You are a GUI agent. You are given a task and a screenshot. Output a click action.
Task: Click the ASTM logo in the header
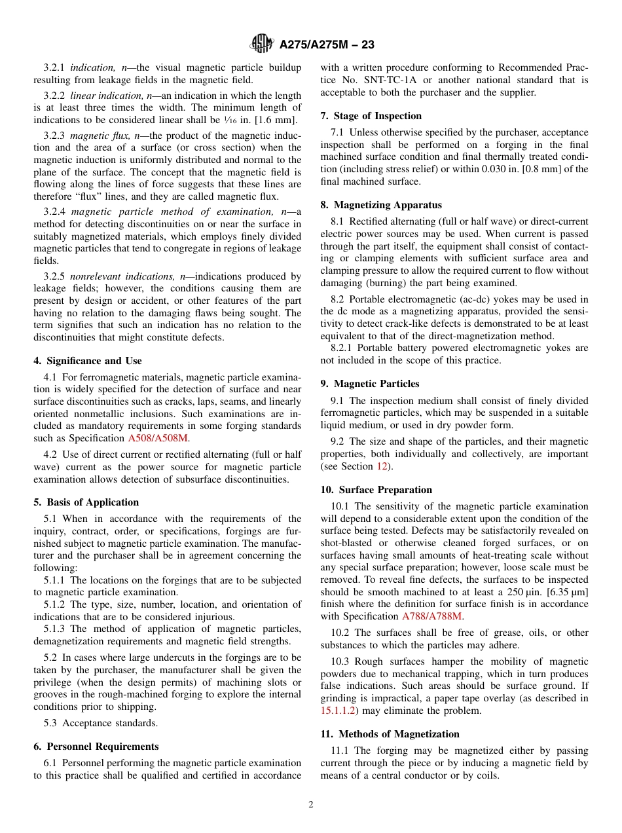pos(262,45)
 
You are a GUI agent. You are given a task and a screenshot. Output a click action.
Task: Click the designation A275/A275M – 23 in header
pos(326,45)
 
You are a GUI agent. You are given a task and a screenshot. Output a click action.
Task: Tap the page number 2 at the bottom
pos(311,805)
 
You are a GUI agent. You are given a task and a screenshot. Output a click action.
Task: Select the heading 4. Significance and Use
pos(87,361)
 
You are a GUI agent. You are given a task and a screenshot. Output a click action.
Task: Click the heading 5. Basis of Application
pos(86,502)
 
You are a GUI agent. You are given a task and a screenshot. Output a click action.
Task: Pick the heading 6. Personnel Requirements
pos(96,747)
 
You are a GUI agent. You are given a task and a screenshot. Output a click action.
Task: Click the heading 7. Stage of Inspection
pos(371,116)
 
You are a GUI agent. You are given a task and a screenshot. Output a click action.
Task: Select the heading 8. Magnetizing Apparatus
pos(381,205)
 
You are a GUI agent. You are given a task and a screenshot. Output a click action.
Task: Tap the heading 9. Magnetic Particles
pos(370,384)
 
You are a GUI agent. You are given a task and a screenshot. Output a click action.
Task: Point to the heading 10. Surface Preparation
pos(376,490)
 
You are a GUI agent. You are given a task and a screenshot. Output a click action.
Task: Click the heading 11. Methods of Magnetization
pos(390,734)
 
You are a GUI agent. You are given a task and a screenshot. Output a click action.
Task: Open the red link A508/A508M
pos(159,439)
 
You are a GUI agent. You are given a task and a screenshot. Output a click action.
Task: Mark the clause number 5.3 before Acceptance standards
pos(50,723)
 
